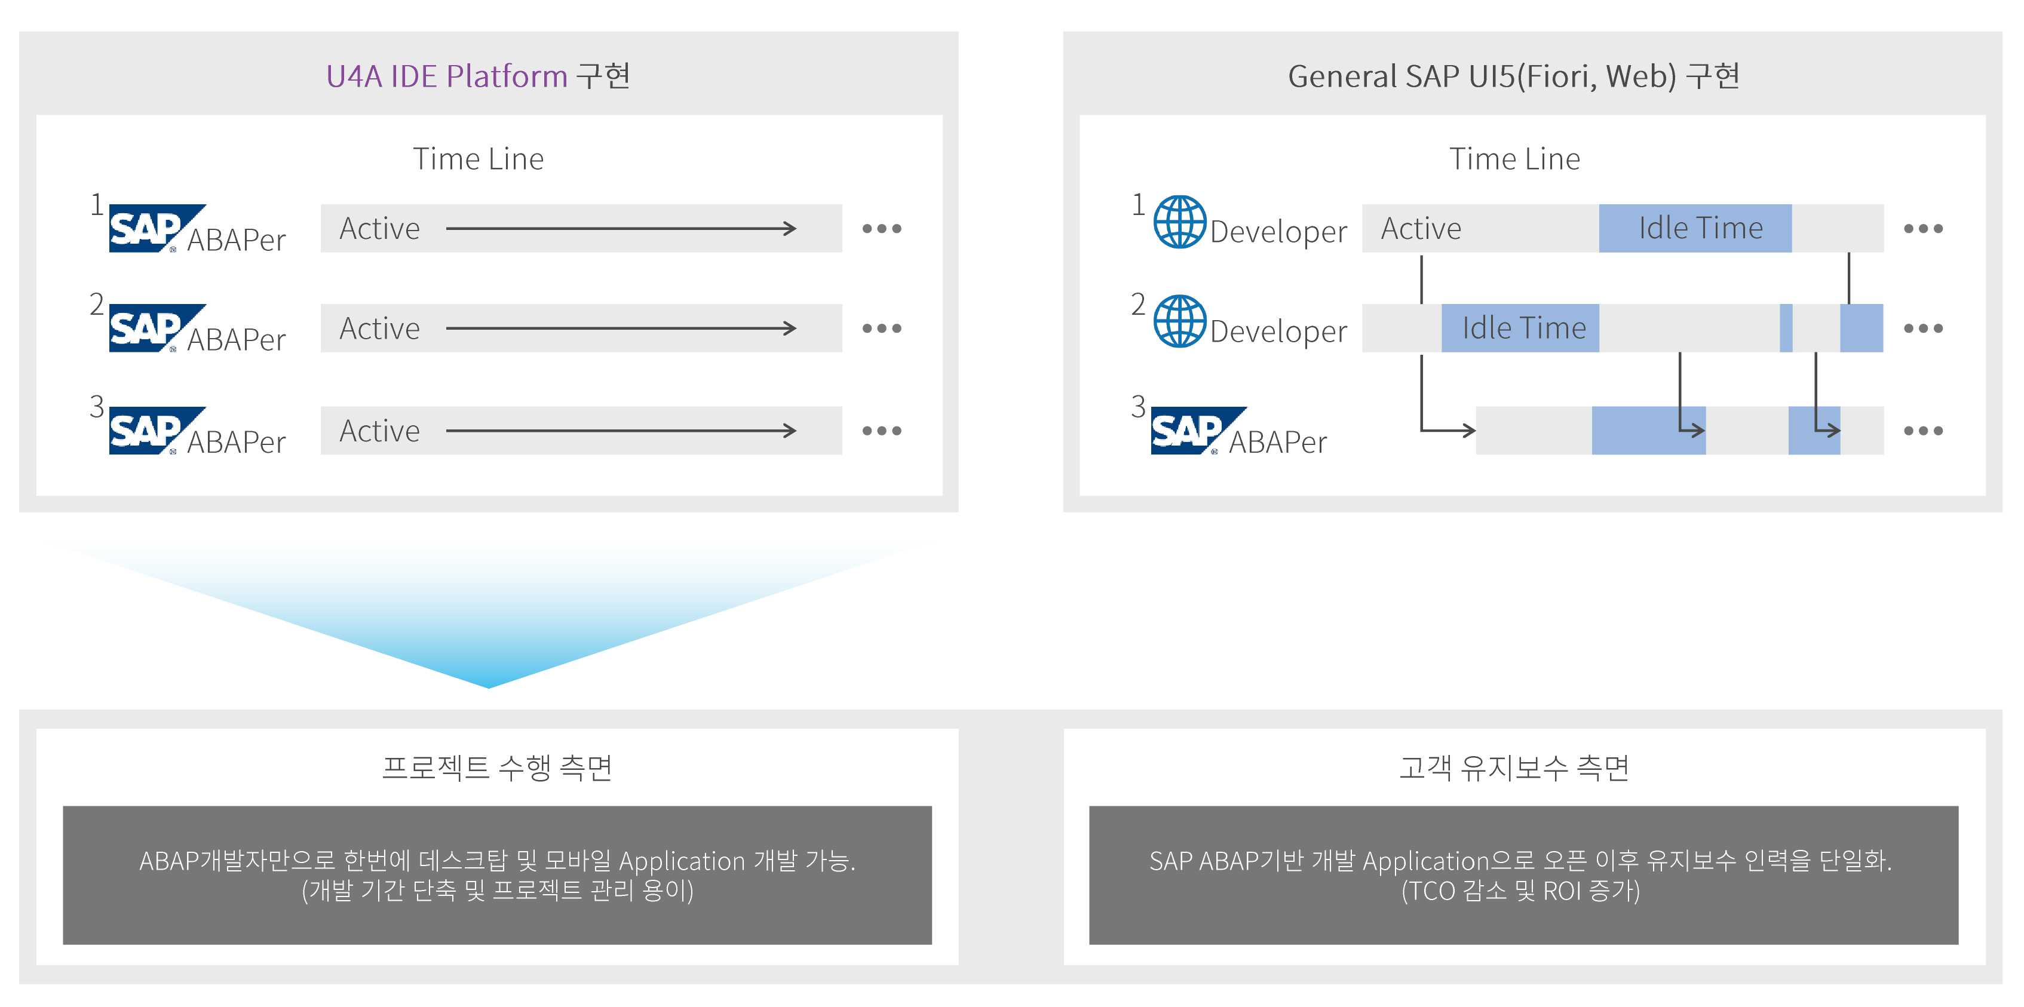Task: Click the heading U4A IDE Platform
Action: click(446, 76)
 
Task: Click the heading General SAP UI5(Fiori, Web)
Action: click(1482, 76)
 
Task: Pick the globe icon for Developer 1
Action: click(1179, 222)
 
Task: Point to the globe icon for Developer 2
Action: click(1179, 321)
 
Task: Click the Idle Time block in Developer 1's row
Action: click(1695, 229)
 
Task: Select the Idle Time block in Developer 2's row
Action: click(1520, 328)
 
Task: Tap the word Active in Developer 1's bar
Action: click(1421, 229)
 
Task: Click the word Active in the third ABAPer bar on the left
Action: click(379, 431)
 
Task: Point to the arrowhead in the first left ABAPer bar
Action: click(790, 229)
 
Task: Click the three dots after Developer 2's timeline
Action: click(1922, 328)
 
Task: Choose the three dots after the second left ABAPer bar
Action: click(882, 328)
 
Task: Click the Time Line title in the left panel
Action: click(478, 159)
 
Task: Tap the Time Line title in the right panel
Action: click(1514, 159)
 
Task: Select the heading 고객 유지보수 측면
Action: click(1514, 767)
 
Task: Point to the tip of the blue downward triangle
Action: click(489, 685)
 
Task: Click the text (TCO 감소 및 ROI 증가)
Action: click(1520, 891)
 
